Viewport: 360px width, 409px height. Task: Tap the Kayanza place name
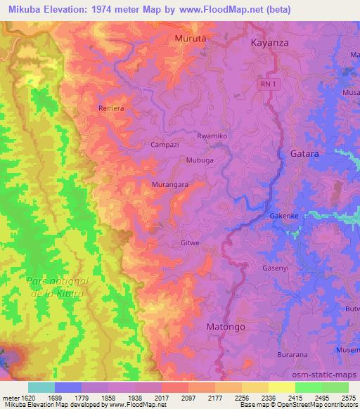(271, 42)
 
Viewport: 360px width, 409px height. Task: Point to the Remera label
(111, 109)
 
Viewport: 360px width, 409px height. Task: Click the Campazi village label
(166, 145)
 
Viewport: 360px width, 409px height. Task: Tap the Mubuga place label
(199, 160)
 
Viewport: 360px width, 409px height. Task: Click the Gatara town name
(304, 153)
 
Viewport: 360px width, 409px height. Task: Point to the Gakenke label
(285, 216)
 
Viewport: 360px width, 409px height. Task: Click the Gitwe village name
(191, 243)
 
